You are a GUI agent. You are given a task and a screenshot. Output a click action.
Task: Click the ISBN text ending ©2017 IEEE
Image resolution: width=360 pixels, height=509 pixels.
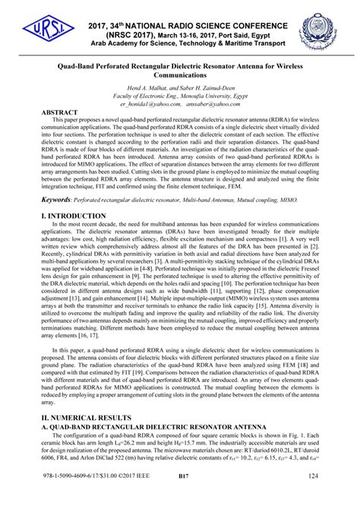(84, 498)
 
